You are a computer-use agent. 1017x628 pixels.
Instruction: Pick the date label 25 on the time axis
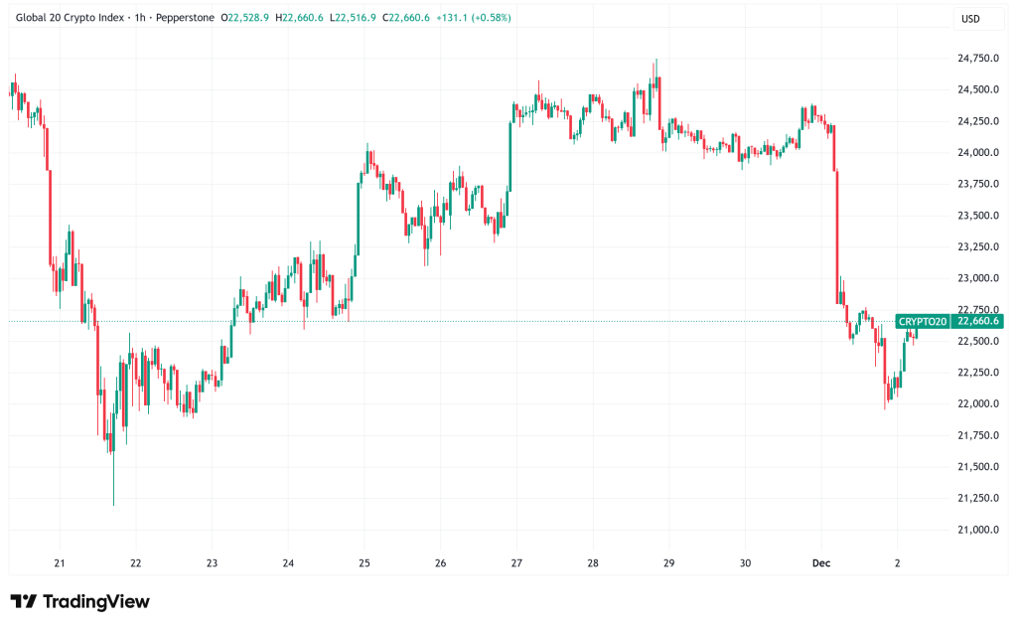coord(363,562)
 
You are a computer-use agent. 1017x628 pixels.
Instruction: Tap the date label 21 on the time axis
coord(60,562)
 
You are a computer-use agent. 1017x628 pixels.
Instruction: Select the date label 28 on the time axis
coord(593,562)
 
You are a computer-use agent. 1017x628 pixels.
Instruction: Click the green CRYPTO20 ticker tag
coord(923,321)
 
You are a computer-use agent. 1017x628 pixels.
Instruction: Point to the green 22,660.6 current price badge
coord(978,321)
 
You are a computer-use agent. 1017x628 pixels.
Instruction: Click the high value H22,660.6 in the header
coord(306,19)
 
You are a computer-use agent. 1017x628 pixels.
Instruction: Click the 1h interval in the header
coord(138,19)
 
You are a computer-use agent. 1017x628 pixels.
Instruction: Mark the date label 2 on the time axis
coord(897,562)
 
